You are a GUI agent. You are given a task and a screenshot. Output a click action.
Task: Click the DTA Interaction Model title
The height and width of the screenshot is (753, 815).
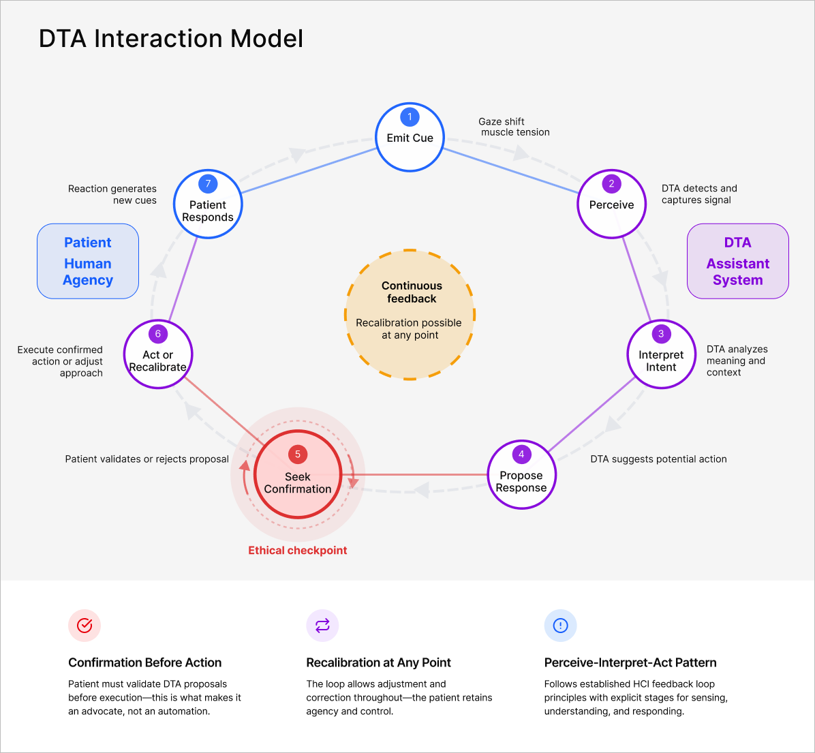coord(171,39)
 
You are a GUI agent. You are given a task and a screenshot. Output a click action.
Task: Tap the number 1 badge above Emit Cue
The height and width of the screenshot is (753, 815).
coord(410,117)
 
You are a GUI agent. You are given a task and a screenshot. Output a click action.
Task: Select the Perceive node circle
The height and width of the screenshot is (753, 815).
coord(611,204)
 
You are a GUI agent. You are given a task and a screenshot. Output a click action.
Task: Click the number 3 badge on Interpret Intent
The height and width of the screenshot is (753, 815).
coord(661,334)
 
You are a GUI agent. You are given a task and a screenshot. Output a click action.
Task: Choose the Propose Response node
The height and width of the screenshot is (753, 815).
coord(521,475)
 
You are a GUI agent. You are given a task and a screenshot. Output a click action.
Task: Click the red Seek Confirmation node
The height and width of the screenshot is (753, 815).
coord(298,475)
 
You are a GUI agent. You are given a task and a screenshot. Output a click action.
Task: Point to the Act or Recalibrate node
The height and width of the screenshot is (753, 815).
coord(158,354)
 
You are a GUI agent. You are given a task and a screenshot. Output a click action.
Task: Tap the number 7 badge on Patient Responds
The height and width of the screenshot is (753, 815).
coord(208,183)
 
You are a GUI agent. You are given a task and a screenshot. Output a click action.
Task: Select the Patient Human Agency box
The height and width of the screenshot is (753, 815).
coord(88,261)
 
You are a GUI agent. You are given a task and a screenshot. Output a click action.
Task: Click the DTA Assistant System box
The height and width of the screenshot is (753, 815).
coord(737,261)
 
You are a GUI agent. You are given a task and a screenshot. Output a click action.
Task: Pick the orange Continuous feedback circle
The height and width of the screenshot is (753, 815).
coord(410,315)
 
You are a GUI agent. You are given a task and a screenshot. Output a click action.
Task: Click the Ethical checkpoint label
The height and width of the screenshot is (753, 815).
coord(298,551)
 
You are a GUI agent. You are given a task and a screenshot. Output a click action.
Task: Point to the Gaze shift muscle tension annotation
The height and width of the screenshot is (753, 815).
coord(514,127)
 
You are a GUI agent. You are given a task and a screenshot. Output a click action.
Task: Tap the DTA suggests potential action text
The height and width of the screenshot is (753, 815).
coord(658,459)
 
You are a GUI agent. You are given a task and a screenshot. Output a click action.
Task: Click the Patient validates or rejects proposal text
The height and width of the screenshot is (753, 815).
coord(147,459)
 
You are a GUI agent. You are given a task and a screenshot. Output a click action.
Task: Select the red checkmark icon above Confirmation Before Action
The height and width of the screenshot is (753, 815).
coord(84,625)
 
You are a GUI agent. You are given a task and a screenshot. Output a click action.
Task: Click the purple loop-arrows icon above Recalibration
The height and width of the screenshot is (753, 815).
coord(322,625)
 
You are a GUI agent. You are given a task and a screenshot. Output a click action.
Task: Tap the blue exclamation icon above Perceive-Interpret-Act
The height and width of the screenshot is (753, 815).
coord(560,625)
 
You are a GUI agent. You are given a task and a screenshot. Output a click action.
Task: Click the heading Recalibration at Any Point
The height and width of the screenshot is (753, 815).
coord(378,662)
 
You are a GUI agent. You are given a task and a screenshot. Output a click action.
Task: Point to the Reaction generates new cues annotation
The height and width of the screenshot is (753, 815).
coord(112,194)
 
